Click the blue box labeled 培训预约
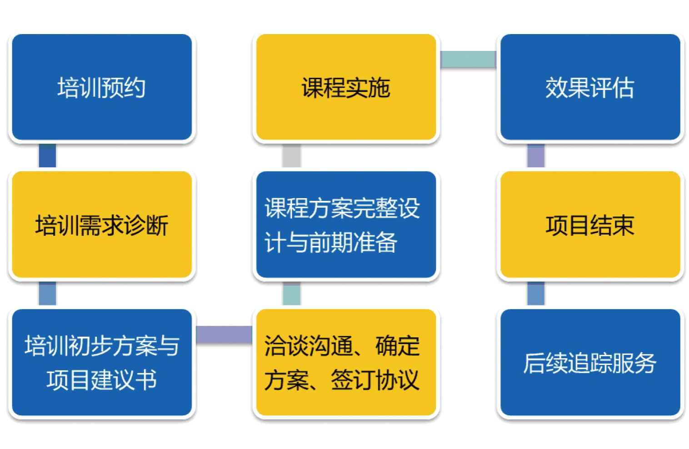[102, 87]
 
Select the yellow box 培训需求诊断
[102, 224]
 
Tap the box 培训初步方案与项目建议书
[102, 362]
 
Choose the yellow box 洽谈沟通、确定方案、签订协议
[346, 362]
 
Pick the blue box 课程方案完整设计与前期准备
[346, 224]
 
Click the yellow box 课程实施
[346, 87]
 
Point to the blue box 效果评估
[590, 87]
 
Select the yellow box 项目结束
[590, 224]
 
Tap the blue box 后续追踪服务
[590, 362]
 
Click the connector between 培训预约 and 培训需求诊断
[47, 156]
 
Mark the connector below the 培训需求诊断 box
[47, 294]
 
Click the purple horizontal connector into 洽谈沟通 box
[224, 334]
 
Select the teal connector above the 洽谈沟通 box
[291, 294]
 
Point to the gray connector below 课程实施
[291, 156]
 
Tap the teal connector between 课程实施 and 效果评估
[468, 59]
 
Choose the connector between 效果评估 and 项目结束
[536, 156]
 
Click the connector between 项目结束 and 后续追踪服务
[536, 294]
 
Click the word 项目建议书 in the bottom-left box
[102, 379]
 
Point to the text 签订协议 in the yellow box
[374, 379]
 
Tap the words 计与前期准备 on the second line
[331, 242]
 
